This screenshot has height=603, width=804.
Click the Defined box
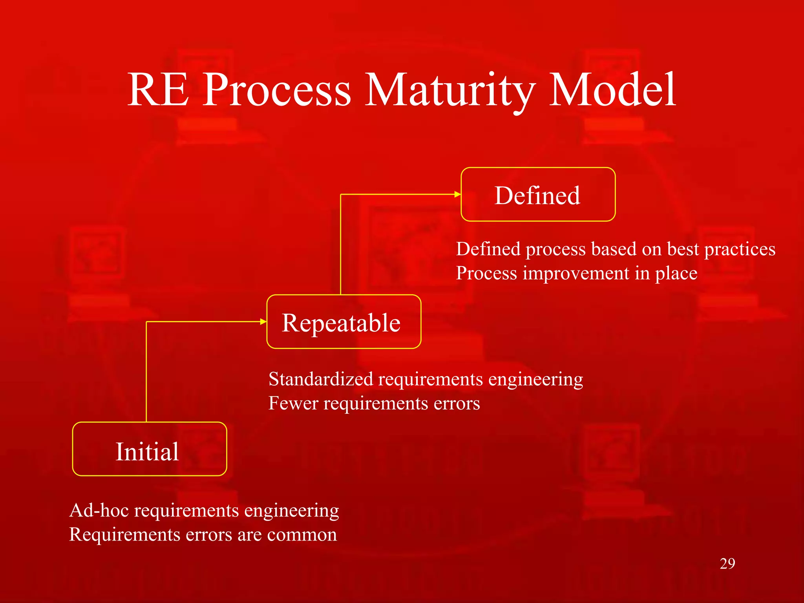(538, 195)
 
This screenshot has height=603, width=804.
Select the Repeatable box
(344, 322)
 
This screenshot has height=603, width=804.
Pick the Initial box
(150, 450)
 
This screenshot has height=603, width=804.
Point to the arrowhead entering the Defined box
(457, 194)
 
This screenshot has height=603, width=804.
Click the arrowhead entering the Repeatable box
(263, 322)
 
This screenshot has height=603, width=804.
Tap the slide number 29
(727, 564)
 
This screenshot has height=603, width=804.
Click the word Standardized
(321, 379)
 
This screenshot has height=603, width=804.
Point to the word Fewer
(293, 403)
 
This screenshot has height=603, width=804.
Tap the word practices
(740, 250)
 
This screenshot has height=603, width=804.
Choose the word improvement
(576, 273)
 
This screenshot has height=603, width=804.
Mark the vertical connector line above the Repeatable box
(341, 243)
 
